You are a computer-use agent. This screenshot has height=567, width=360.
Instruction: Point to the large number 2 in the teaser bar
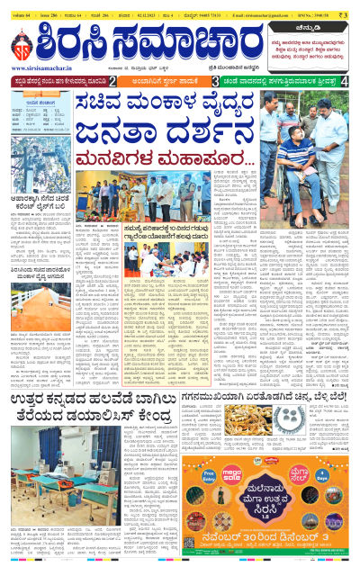111,82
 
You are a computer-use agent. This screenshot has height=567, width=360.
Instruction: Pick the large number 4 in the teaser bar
346,82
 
